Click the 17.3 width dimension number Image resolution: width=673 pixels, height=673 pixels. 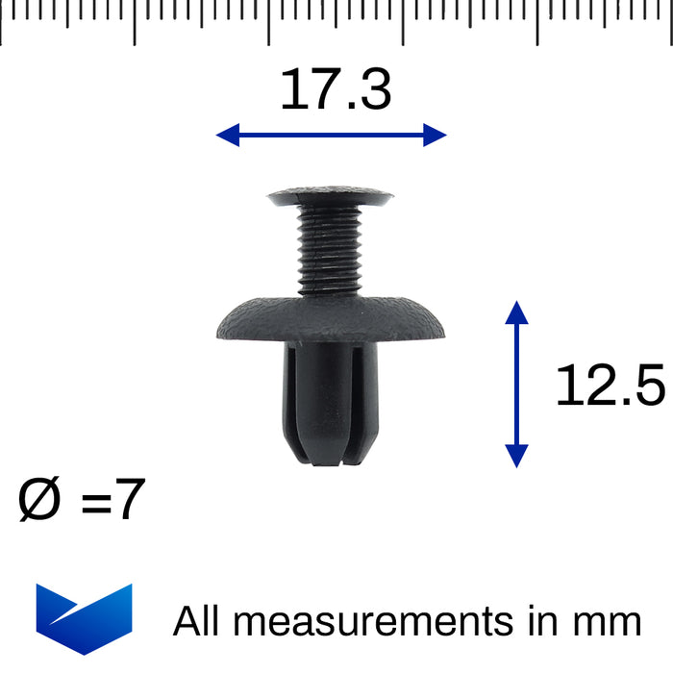tap(335, 90)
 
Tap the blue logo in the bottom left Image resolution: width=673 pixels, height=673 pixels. tap(84, 618)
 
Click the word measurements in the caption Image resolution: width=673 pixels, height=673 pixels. tap(376, 621)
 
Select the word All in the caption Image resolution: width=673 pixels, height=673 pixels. tap(197, 621)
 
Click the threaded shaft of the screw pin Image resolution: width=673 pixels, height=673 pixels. tap(330, 250)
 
